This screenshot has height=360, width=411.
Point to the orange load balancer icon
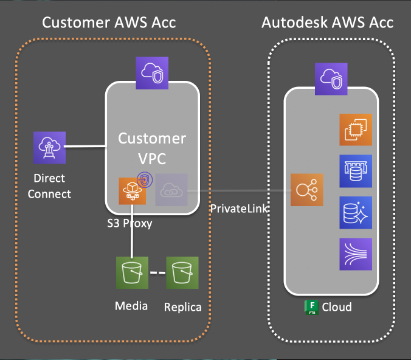pos(306,189)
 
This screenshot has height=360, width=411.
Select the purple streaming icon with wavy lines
pos(354,255)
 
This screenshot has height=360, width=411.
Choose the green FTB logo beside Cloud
pos(311,306)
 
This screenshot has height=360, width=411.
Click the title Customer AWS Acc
pos(109,23)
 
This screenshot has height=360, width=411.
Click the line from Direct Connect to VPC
pos(85,146)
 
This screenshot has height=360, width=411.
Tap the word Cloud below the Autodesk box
pos(337,306)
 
